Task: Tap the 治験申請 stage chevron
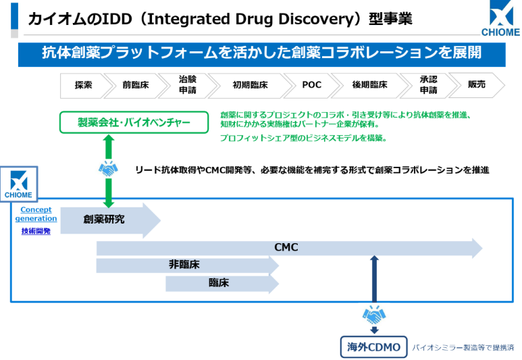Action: [x=188, y=85]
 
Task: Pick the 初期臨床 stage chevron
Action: [x=250, y=85]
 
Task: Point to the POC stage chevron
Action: [x=312, y=85]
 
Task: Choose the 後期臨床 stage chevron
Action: [x=369, y=85]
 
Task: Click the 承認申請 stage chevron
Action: [x=428, y=85]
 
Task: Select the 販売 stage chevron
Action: [x=481, y=85]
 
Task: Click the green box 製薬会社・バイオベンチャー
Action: [x=134, y=122]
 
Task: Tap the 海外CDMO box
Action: [x=373, y=348]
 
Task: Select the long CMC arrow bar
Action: [x=287, y=248]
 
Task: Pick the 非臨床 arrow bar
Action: [x=186, y=265]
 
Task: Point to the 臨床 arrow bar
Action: [x=219, y=284]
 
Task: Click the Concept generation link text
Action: [x=35, y=214]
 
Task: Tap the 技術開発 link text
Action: [x=35, y=231]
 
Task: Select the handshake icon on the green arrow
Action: [x=108, y=170]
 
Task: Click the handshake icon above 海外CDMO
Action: [x=373, y=315]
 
